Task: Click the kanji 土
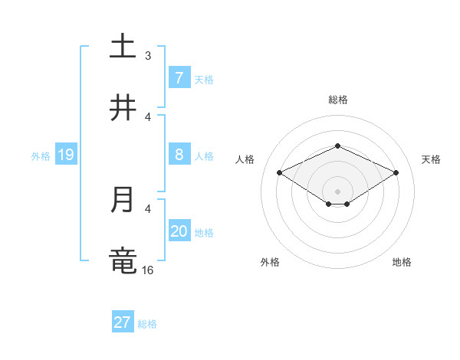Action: (123, 47)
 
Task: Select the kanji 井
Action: (123, 108)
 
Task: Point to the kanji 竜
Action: (123, 261)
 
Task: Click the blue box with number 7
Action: (179, 77)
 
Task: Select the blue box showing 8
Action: (179, 155)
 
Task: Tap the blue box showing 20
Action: (179, 232)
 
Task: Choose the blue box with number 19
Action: (65, 155)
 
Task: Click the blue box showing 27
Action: (123, 322)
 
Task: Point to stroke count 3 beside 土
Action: (148, 55)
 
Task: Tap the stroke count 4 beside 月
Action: (148, 208)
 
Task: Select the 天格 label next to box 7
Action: (204, 79)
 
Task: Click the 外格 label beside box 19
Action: (41, 156)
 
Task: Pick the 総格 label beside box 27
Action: (147, 324)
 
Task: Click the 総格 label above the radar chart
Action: (337, 100)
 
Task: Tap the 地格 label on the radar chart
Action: (402, 262)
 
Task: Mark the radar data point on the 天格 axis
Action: (396, 173)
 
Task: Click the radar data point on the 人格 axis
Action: (279, 173)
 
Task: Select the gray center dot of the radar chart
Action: (337, 191)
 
